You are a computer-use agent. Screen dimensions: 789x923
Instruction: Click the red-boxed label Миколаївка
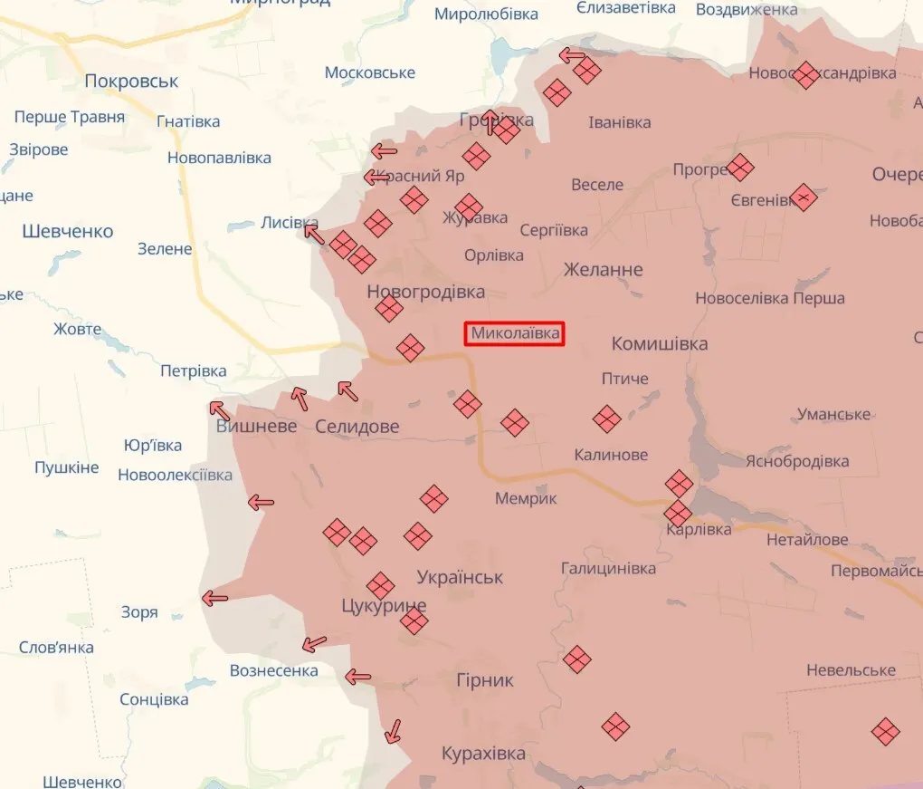pos(515,334)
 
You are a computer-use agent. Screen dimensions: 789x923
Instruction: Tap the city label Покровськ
pos(131,82)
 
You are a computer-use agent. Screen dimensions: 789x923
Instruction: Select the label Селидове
pos(357,427)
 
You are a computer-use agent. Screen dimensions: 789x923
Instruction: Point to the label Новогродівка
pos(425,292)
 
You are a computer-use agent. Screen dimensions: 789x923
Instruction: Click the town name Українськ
pos(460,577)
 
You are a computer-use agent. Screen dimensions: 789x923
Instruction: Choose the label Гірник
pos(484,680)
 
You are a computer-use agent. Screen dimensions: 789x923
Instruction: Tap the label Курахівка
pos(483,754)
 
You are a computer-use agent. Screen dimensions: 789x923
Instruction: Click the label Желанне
pos(603,270)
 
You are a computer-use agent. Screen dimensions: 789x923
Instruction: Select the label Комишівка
pos(660,344)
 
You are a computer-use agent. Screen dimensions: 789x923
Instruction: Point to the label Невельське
pos(851,670)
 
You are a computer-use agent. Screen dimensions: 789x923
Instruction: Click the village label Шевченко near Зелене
pos(68,232)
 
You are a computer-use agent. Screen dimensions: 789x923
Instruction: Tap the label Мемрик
pos(526,499)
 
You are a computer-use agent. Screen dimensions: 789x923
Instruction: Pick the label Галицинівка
pos(608,569)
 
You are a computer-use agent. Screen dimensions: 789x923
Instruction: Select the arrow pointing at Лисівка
pos(314,234)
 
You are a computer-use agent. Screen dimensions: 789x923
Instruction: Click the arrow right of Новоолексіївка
pos(261,502)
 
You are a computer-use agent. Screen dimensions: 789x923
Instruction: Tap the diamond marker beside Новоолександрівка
pos(805,74)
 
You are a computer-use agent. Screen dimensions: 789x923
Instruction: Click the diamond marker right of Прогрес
pos(740,168)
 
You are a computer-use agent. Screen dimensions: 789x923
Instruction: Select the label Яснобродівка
pos(796,462)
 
